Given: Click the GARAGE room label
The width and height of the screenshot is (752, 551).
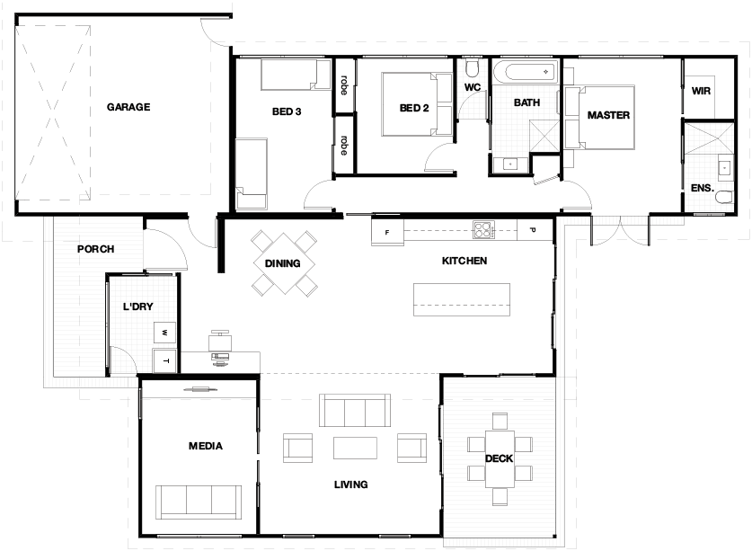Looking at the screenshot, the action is [128, 107].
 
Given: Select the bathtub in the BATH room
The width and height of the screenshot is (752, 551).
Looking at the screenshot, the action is [526, 72].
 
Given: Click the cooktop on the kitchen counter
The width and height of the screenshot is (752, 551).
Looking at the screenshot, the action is [483, 230].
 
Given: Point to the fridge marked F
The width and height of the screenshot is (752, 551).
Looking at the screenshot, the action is [387, 232].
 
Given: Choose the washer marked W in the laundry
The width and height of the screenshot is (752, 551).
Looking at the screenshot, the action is [164, 333].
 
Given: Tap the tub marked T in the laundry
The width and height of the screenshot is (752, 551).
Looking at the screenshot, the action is [165, 361].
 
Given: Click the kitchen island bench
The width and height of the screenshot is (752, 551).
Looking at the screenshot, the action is [462, 299].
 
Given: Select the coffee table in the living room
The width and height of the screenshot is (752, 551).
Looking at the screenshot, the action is [355, 448].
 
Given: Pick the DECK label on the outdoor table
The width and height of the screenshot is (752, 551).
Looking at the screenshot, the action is [499, 458].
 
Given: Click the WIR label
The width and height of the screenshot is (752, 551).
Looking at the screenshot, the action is [701, 91].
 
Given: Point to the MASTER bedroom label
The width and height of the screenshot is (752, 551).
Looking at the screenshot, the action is [608, 115].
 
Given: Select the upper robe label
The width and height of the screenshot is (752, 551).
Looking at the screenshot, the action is [344, 85].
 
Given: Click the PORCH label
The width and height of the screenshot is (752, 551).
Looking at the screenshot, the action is [96, 249].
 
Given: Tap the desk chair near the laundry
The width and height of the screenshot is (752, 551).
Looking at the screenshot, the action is [220, 340].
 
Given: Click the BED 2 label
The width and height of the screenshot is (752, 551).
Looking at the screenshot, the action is [414, 109].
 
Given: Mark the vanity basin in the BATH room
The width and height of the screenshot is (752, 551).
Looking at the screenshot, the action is [509, 164].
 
